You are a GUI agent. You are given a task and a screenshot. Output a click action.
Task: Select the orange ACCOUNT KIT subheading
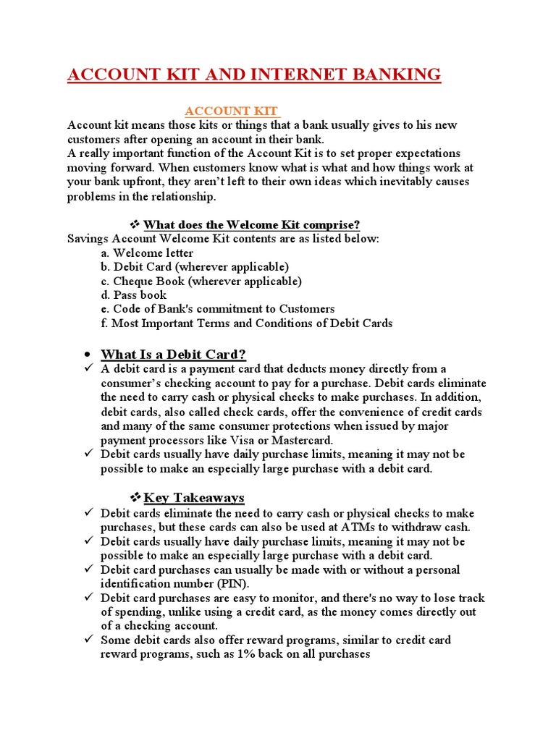pos(232,111)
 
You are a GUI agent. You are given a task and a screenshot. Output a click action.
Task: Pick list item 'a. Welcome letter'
pos(147,253)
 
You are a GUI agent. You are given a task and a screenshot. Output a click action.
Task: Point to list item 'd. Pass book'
pos(134,295)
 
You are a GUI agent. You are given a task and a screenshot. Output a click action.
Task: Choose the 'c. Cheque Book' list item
pos(201,281)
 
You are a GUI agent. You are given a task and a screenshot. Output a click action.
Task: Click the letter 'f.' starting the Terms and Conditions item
pos(105,323)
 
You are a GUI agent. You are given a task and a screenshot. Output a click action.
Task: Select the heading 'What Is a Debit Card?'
pos(174,354)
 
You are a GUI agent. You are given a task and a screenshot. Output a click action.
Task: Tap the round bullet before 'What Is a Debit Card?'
pos(86,355)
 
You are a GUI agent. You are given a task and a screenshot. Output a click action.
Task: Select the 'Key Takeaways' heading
pos(194,498)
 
